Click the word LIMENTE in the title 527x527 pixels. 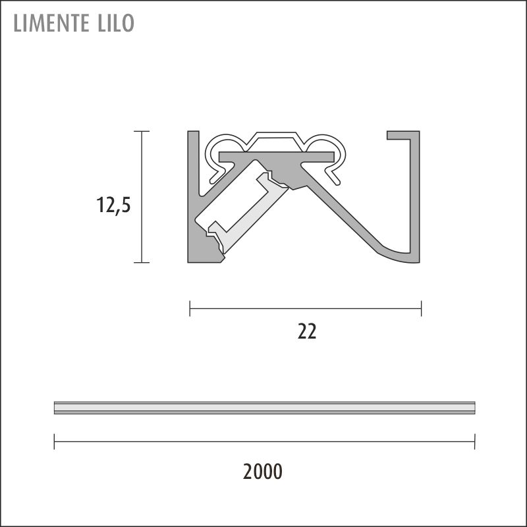pyautogui.click(x=51, y=23)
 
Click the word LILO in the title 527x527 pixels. pyautogui.click(x=116, y=23)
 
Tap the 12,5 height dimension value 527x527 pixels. pyautogui.click(x=113, y=205)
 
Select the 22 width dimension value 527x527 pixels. pyautogui.click(x=307, y=332)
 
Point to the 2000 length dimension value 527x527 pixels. pyautogui.click(x=262, y=471)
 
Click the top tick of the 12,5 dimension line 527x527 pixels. pyautogui.click(x=142, y=131)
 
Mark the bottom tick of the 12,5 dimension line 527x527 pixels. pyautogui.click(x=142, y=262)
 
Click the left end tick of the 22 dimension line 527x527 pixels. pyautogui.click(x=190, y=308)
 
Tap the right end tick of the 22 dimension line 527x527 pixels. pyautogui.click(x=421, y=308)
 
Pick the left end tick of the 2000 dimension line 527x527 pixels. pyautogui.click(x=54, y=441)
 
